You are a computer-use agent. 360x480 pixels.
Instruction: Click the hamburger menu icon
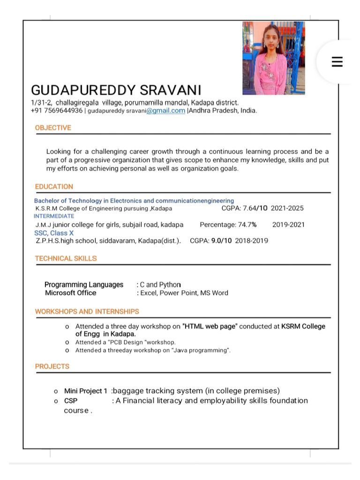[x=337, y=62]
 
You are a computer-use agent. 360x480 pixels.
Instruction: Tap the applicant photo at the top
[x=273, y=58]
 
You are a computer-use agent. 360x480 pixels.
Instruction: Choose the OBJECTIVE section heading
[x=53, y=128]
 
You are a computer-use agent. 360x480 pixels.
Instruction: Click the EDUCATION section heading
[x=54, y=187]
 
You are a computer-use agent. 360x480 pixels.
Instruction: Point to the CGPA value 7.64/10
[x=255, y=208]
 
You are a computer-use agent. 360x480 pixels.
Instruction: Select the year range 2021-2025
[x=287, y=208]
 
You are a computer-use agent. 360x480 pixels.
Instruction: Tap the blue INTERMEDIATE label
[x=54, y=216]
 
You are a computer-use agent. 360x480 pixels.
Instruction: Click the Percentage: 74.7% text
[x=228, y=225]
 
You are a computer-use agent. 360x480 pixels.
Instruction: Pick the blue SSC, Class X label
[x=54, y=233]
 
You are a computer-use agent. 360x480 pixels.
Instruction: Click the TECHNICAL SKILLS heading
[x=66, y=258]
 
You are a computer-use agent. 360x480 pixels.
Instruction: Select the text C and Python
[x=160, y=285]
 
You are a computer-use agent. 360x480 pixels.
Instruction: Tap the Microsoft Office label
[x=70, y=293]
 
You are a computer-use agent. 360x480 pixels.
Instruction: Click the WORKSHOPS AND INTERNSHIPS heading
[x=87, y=312]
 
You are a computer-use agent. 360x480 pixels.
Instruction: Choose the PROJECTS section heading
[x=52, y=367]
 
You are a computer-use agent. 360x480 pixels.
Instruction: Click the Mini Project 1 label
[x=85, y=391]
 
